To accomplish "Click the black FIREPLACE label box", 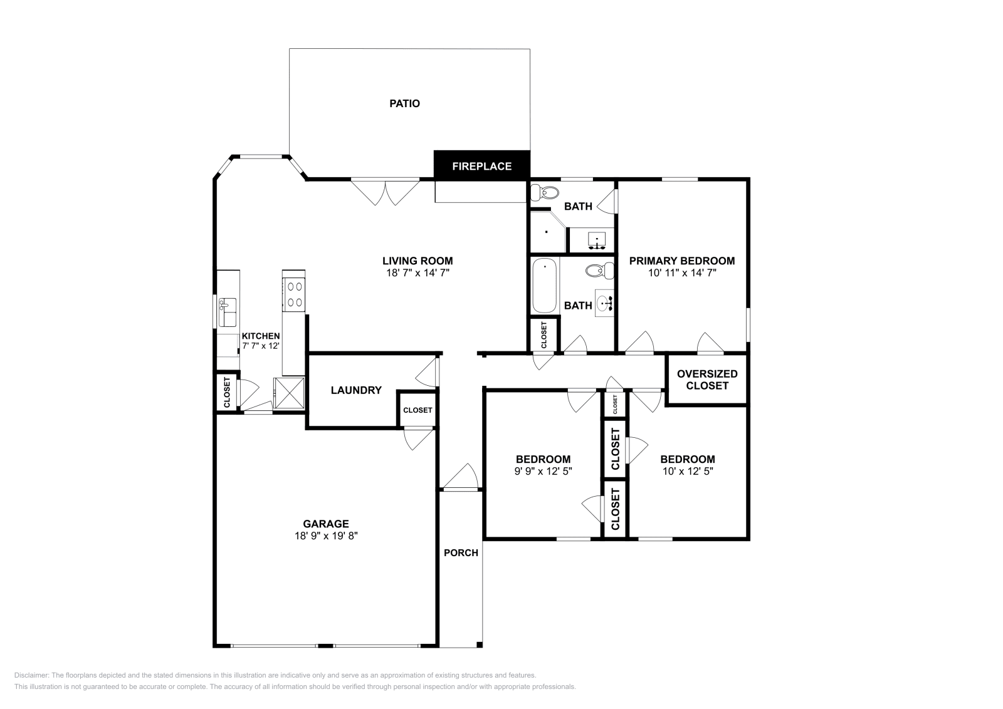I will coord(481,166).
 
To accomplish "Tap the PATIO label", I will coord(404,103).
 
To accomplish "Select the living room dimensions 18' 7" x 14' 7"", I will coord(417,273).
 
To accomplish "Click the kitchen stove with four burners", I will coord(294,294).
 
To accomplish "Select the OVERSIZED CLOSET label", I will coord(706,380).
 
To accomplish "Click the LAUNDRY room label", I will coord(356,390).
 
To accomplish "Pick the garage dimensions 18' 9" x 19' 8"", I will coord(325,536).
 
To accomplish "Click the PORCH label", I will coord(461,552).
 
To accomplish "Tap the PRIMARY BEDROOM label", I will coord(681,261).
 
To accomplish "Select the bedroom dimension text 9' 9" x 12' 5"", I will coord(543,471).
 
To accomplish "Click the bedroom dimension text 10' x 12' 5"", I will coord(687,471).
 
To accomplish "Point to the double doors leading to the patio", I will coord(385,191).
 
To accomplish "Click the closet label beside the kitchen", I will coord(227,392).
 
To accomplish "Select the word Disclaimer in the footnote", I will coord(31,675).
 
